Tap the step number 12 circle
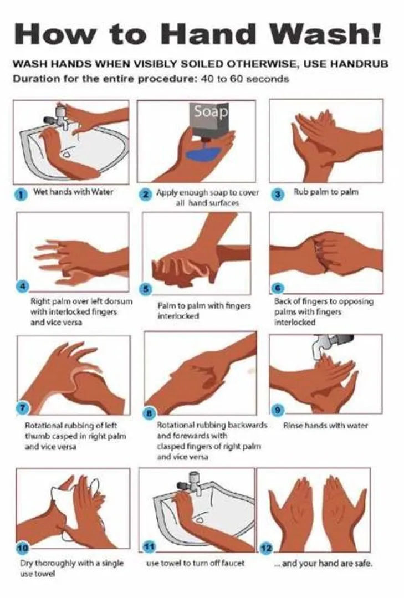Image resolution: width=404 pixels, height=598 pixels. click(267, 549)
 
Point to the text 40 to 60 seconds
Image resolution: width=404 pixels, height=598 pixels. click(244, 79)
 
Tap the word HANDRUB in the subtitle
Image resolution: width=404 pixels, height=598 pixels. click(359, 64)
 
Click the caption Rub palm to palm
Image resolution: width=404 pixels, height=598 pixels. click(326, 191)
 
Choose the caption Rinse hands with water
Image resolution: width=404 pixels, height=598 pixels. click(325, 425)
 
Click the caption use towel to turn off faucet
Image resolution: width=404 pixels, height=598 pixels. click(195, 563)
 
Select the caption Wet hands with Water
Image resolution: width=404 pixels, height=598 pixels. click(73, 191)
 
